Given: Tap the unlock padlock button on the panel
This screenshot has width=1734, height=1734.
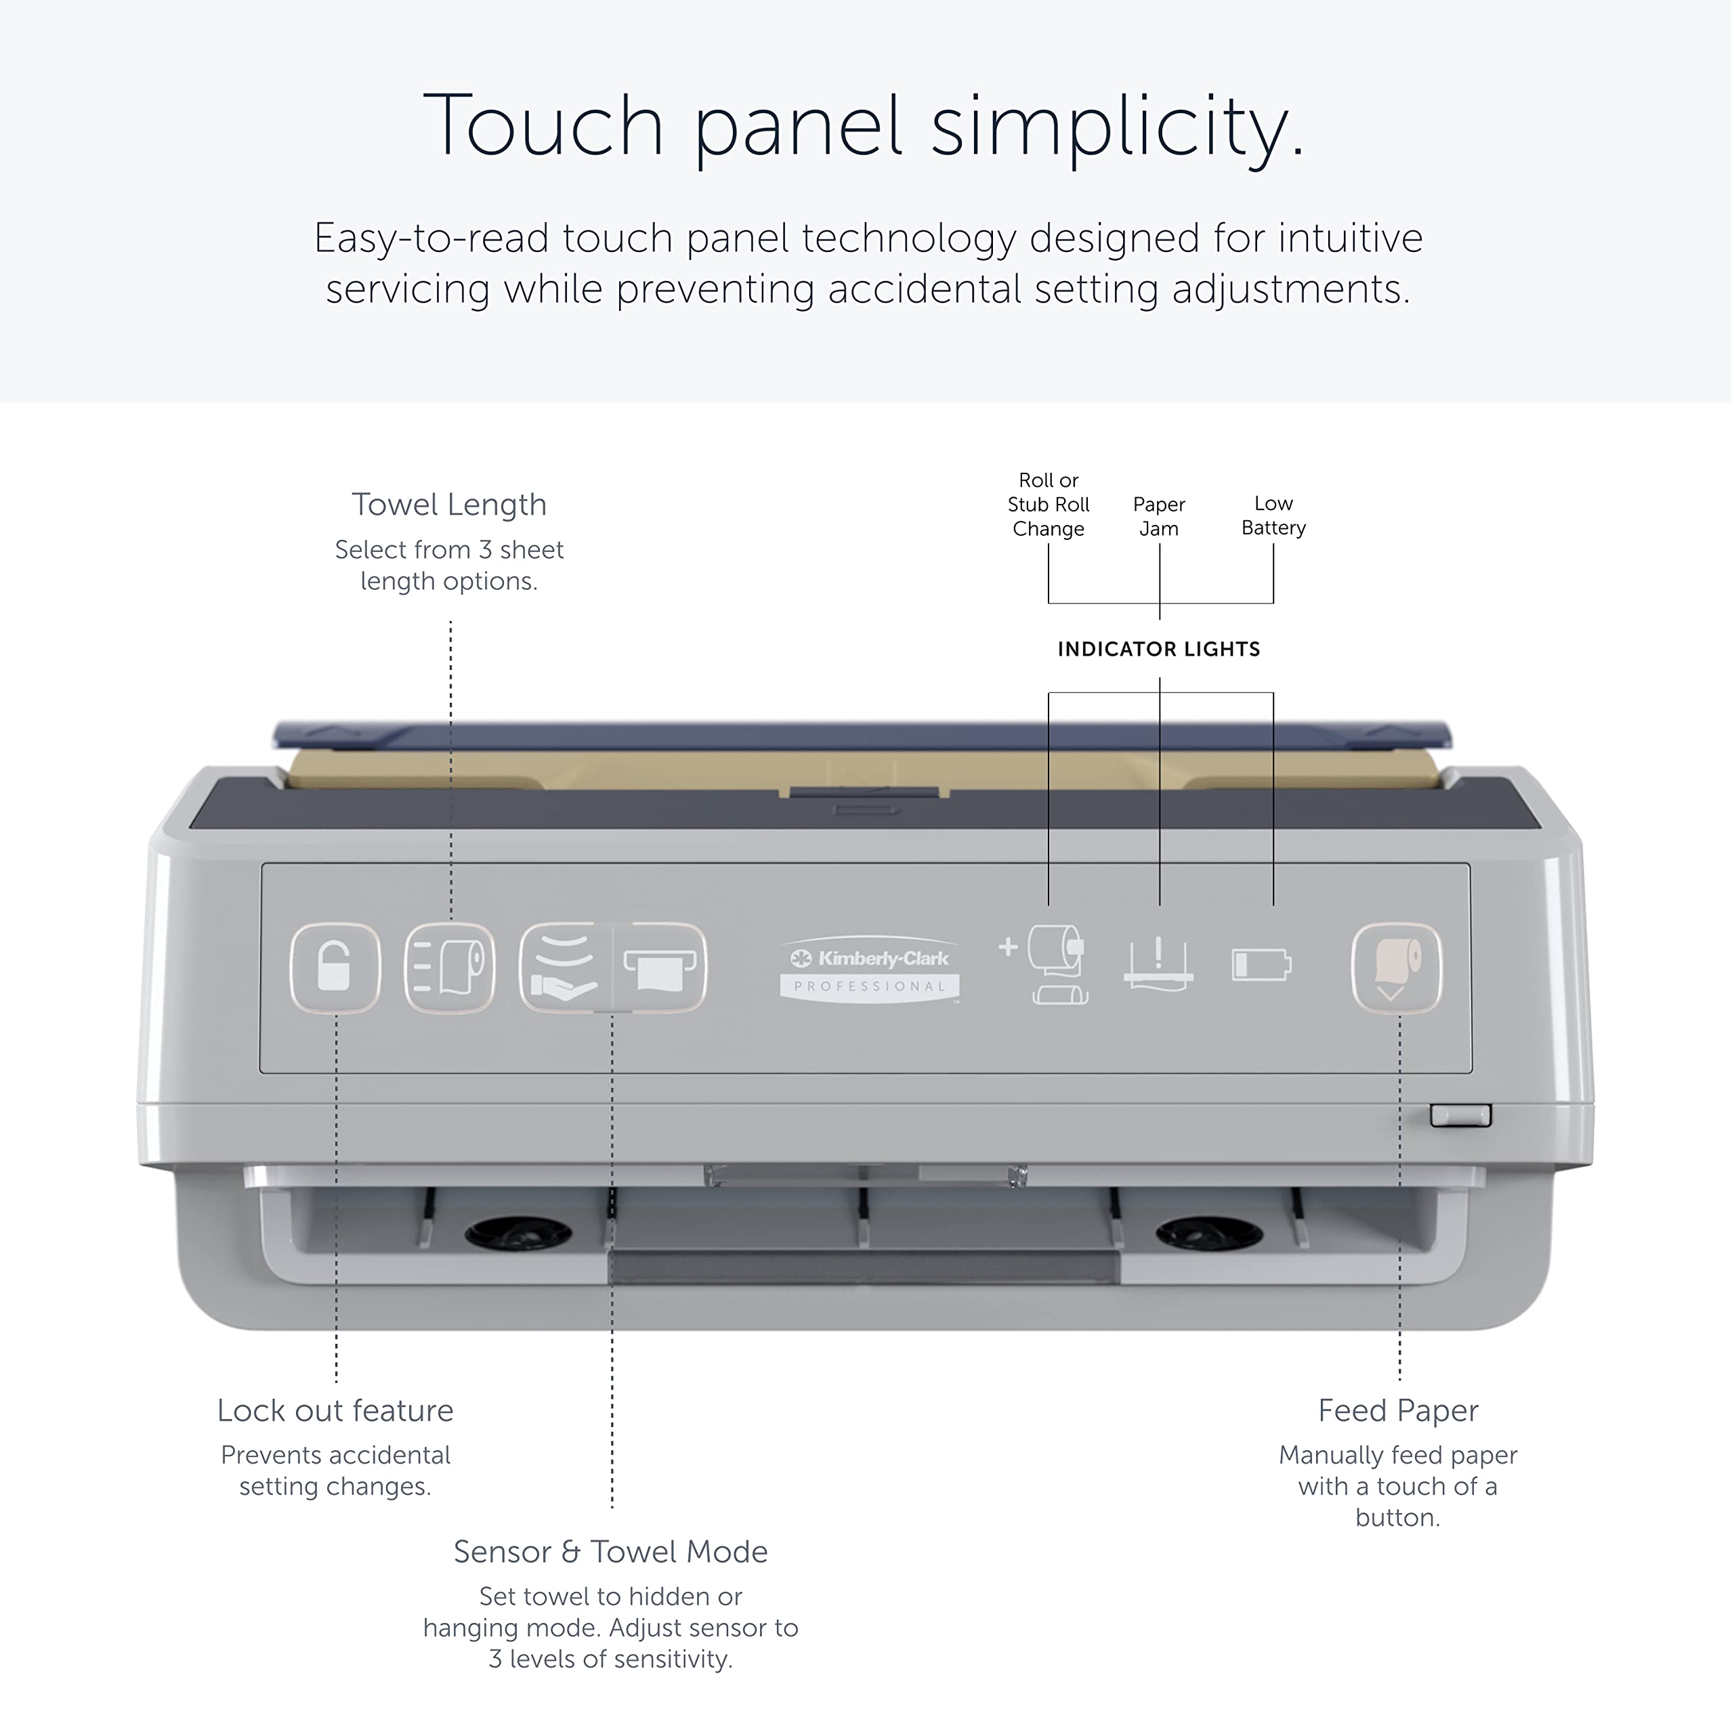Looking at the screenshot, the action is pos(335,967).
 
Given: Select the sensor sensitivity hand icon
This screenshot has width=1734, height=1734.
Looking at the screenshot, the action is pos(564,967).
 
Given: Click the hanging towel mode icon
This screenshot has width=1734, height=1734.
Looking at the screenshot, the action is pos(660,967).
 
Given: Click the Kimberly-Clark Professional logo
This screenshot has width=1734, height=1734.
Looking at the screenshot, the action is pos(870,970).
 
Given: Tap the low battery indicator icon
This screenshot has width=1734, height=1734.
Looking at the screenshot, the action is pos(1262,965).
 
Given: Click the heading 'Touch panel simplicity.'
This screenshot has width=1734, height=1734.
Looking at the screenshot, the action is pos(864,126).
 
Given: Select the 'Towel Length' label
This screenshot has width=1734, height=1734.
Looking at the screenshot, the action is pos(450,505).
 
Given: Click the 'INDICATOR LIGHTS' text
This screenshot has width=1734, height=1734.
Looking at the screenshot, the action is pos(1159,649).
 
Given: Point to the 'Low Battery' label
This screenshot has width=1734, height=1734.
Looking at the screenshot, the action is pos(1273,515).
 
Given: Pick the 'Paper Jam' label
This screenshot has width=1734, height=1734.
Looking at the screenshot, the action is pos(1159,516).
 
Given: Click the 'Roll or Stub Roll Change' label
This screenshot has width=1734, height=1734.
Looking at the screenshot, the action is pos(1049,505).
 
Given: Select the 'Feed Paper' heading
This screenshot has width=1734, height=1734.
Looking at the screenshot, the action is pos(1398,1410).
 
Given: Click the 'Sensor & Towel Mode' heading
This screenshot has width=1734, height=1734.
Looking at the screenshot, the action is pos(610,1551).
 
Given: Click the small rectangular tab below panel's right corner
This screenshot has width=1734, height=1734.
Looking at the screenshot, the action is pos(1460,1116).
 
